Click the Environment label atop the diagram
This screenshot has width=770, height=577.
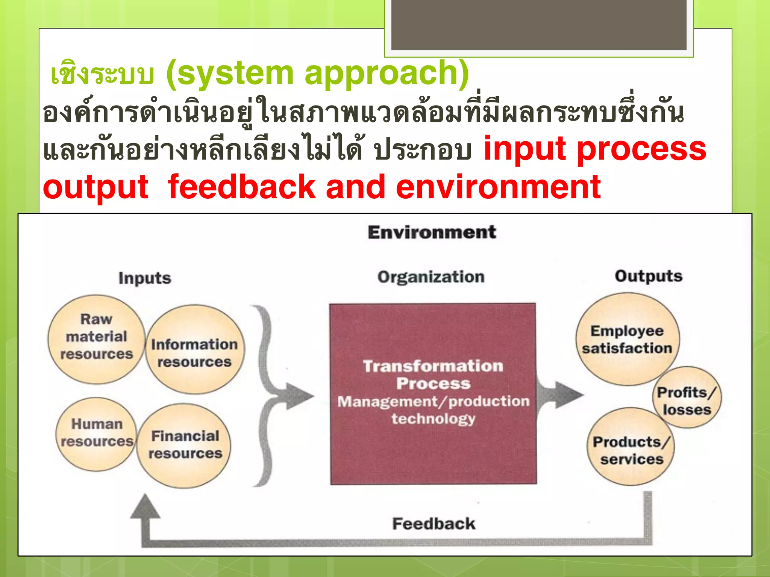point(432,232)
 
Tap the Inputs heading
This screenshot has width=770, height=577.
point(145,278)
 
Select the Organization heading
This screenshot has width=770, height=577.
point(431,277)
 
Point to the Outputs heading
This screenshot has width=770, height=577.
point(648,276)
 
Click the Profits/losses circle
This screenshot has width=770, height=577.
point(687,398)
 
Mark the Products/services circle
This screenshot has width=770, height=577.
point(631,447)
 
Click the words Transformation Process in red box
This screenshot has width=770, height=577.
point(433,375)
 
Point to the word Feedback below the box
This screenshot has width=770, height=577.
point(434,524)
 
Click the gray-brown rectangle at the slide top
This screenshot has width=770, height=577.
point(538,25)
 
